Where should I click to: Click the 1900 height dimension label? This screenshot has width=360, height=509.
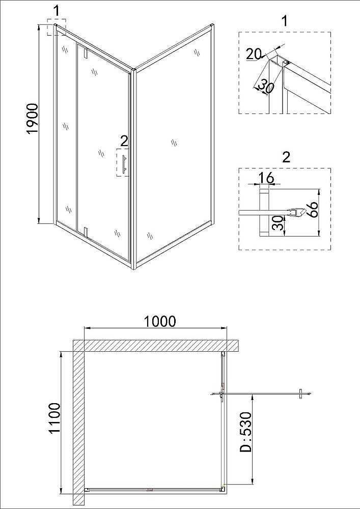33,119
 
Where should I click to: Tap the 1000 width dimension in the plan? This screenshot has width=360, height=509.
159,321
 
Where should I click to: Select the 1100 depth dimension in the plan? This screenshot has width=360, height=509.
54,417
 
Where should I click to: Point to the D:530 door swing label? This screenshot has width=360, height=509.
246,432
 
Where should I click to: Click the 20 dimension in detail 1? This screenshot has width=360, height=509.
253,54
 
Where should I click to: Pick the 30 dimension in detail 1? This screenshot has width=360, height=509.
265,87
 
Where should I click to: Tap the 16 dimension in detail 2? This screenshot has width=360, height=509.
266,178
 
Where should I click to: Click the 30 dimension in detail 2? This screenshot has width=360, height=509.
278,223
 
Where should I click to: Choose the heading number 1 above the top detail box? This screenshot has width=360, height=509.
285,21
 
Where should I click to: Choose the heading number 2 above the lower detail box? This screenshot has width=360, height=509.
286,157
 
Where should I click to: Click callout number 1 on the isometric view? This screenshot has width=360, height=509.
57,11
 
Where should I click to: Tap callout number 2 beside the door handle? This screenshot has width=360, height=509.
124,141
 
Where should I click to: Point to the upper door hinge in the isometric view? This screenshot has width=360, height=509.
86,53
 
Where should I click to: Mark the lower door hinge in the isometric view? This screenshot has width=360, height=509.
86,232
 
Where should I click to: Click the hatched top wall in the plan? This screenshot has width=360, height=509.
156,346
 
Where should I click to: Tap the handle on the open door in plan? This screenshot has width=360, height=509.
300,394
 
